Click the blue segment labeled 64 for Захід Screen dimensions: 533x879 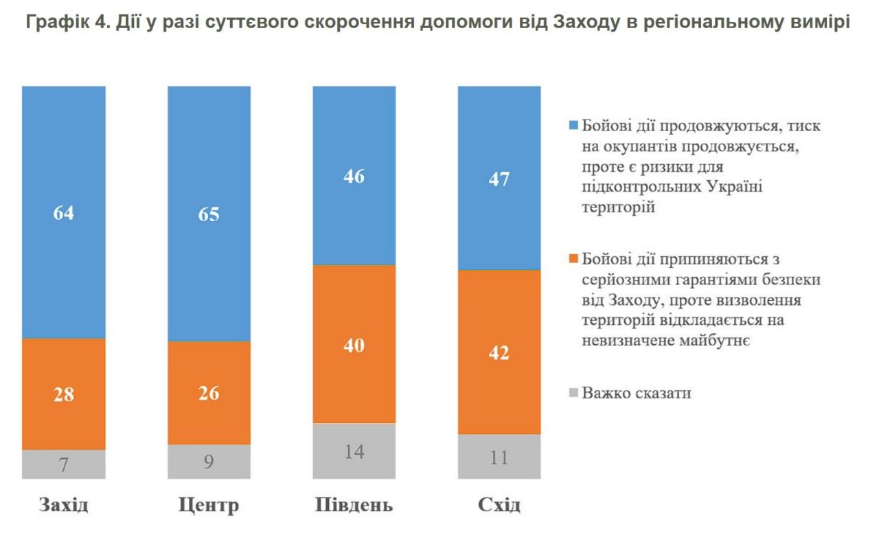(x=64, y=212)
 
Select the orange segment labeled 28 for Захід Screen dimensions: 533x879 (x=64, y=394)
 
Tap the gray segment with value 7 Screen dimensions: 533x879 (x=64, y=464)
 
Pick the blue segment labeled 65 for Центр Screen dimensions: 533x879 (x=209, y=214)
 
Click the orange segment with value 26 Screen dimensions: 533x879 (x=209, y=393)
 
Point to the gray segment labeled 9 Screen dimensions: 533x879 (x=209, y=461)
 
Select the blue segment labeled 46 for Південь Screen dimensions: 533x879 (x=354, y=176)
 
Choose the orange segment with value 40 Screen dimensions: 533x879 (x=354, y=344)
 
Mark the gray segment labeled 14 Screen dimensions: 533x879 (x=354, y=451)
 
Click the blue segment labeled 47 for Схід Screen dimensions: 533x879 (x=499, y=179)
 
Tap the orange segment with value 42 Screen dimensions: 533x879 (x=499, y=352)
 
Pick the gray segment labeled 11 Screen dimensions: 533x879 (x=499, y=456)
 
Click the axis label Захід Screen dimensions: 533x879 (x=64, y=506)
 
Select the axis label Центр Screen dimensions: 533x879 (x=209, y=506)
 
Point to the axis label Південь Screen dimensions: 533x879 (x=354, y=506)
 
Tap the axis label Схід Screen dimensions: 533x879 (x=499, y=506)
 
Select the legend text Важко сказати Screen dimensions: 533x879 (x=636, y=394)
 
